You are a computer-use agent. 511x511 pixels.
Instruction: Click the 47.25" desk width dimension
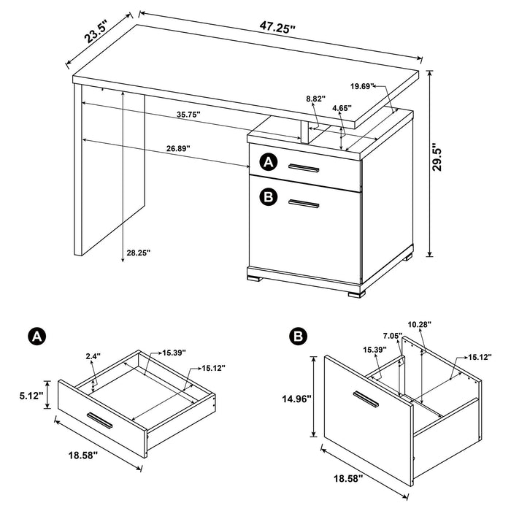[x=277, y=29]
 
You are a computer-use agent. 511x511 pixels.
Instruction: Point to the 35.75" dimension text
[x=188, y=115]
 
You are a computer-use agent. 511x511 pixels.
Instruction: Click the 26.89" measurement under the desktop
[x=178, y=148]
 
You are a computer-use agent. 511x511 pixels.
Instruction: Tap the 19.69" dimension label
[x=362, y=86]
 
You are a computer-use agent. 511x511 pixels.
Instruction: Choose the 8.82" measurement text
[x=315, y=98]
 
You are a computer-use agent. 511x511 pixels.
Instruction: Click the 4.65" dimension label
[x=341, y=108]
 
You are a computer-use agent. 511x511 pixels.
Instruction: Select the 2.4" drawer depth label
[x=92, y=357]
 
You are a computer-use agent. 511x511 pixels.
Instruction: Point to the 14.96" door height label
[x=296, y=399]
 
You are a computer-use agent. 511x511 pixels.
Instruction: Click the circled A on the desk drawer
[x=269, y=162]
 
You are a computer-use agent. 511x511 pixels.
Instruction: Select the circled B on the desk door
[x=269, y=196]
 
